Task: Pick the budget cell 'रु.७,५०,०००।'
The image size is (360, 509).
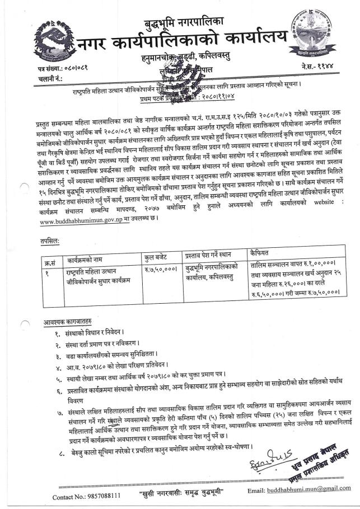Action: [153, 270]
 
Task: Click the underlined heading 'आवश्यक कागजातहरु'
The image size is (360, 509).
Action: [69, 323]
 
